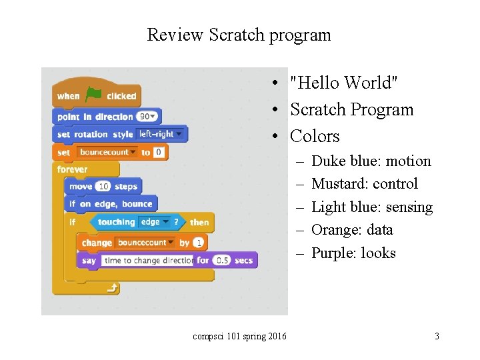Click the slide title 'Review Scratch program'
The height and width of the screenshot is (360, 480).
click(239, 35)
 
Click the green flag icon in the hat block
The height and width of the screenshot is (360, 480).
click(93, 95)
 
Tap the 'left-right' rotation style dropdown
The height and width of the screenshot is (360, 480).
click(160, 134)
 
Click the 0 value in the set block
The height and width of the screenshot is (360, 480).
click(159, 152)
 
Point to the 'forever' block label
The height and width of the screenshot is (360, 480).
click(72, 169)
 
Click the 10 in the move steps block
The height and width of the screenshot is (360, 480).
click(103, 187)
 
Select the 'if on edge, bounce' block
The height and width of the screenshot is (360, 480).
click(111, 204)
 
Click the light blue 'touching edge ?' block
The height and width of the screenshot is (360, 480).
click(139, 222)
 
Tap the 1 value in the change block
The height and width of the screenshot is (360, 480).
click(199, 243)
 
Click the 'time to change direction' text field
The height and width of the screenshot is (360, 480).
click(148, 260)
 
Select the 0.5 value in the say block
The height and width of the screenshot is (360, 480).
click(222, 260)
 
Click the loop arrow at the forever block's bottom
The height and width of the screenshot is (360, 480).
click(113, 288)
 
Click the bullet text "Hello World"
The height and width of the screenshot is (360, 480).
click(344, 83)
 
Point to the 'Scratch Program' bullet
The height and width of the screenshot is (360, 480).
click(351, 109)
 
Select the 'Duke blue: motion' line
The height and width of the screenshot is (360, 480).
click(371, 161)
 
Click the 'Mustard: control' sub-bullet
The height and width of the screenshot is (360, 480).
click(364, 184)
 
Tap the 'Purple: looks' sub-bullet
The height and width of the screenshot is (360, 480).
click(353, 253)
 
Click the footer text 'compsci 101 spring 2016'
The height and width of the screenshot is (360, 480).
click(239, 337)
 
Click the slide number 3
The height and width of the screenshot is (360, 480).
click(437, 337)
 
